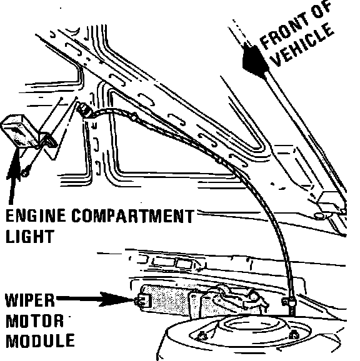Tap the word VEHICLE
302,45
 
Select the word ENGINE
36,215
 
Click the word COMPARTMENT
132,215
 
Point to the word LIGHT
30,236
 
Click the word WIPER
30,300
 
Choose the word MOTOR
34,320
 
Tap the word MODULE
40,341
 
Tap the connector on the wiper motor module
142,300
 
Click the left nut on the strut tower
202,336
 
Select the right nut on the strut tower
294,335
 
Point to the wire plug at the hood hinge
84,110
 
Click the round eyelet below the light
25,173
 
